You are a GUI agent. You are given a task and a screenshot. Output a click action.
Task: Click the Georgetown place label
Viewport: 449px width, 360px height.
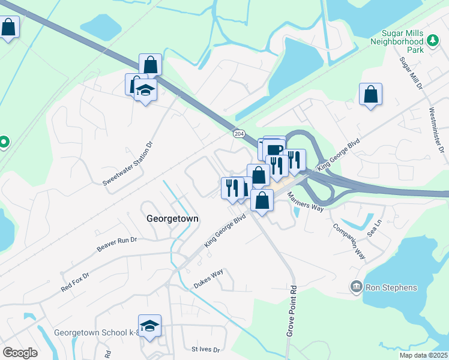click(172, 219)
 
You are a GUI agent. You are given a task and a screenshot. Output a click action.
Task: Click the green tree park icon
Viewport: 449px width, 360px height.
click(432, 41)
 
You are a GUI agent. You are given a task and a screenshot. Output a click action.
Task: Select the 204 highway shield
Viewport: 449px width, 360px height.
click(239, 134)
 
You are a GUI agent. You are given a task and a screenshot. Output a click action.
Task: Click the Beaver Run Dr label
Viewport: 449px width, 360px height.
click(117, 244)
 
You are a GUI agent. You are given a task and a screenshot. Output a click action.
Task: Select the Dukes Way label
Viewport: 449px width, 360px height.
click(208, 278)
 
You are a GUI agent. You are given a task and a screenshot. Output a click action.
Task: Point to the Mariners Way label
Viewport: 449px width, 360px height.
click(306, 203)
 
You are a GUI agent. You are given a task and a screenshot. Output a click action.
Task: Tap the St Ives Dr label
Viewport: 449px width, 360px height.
click(206, 349)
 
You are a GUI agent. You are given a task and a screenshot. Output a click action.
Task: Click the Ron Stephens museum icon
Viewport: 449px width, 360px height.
click(357, 287)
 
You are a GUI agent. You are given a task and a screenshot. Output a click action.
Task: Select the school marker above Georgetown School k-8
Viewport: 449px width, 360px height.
click(150, 325)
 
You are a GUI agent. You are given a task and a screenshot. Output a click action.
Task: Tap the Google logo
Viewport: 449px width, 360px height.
click(19, 353)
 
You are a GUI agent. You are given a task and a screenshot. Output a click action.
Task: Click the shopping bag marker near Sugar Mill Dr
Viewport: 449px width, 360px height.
click(371, 94)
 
